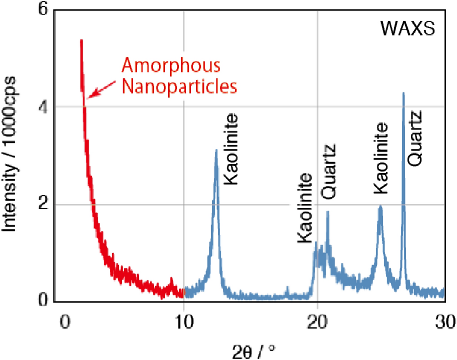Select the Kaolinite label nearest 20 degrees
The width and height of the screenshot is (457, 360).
305,208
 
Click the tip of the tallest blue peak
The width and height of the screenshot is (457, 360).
403,93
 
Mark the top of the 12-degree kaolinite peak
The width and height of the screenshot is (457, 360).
217,150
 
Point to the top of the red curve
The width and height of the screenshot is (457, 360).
81,41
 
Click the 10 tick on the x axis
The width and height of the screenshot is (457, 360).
184,322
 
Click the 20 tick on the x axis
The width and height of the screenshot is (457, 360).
317,322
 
